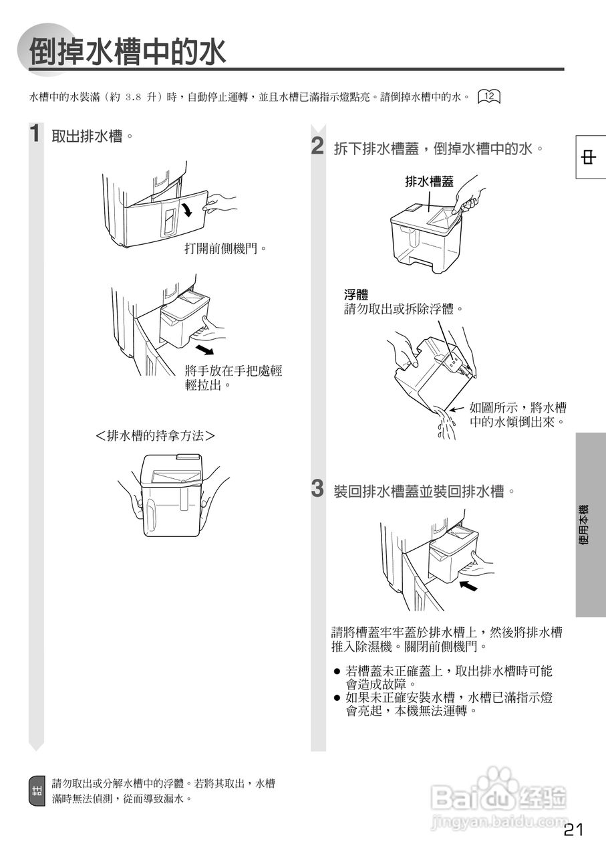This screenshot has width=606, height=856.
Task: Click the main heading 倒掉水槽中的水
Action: (128, 51)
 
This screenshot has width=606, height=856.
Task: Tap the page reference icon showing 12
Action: (489, 96)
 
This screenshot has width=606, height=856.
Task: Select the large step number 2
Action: (318, 146)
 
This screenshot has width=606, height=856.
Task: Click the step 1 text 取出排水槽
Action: (88, 136)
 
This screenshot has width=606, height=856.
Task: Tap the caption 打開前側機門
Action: (226, 249)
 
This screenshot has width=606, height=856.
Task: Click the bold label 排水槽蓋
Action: (429, 181)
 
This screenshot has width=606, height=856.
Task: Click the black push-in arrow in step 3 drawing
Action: (469, 586)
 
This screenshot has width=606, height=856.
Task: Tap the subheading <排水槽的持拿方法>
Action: (155, 435)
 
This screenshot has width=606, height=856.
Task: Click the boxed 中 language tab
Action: (589, 158)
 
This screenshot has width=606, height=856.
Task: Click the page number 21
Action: (573, 830)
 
